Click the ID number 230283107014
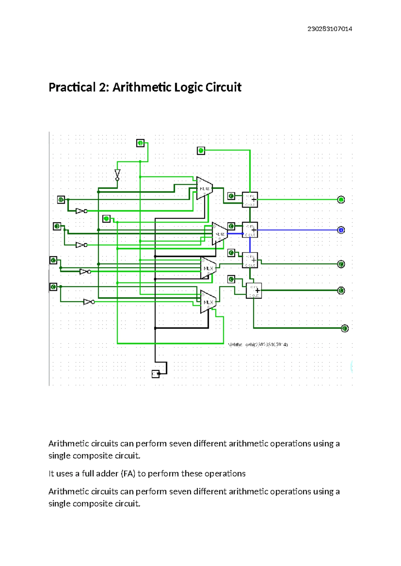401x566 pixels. point(329,29)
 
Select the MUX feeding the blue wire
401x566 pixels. point(220,234)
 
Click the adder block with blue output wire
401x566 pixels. point(250,230)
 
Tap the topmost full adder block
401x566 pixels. point(250,200)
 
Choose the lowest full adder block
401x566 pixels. point(254,290)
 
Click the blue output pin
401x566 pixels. point(341,230)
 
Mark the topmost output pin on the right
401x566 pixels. point(341,200)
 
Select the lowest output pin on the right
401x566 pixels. point(345,328)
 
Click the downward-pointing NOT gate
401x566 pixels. point(117,175)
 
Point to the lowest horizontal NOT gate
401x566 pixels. point(89,302)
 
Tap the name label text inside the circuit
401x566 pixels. point(258,344)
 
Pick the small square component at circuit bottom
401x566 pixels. point(156,373)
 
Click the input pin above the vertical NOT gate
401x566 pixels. point(140,143)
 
